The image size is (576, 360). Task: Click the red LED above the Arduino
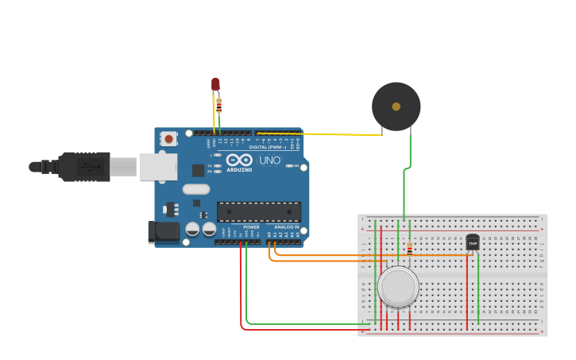215,83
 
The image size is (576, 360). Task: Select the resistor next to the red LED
219,105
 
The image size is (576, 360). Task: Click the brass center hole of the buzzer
396,106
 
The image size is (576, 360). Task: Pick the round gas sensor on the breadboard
398,287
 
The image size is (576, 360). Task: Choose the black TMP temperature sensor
473,242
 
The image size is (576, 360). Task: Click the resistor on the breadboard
409,249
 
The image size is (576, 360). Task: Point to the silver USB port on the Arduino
158,167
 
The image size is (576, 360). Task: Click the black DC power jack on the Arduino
164,231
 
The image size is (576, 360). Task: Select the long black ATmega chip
259,211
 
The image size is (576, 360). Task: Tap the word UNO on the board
270,161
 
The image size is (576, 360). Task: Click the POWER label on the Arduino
251,227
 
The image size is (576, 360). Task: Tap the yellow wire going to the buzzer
334,134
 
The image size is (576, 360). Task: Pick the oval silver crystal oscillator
196,189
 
